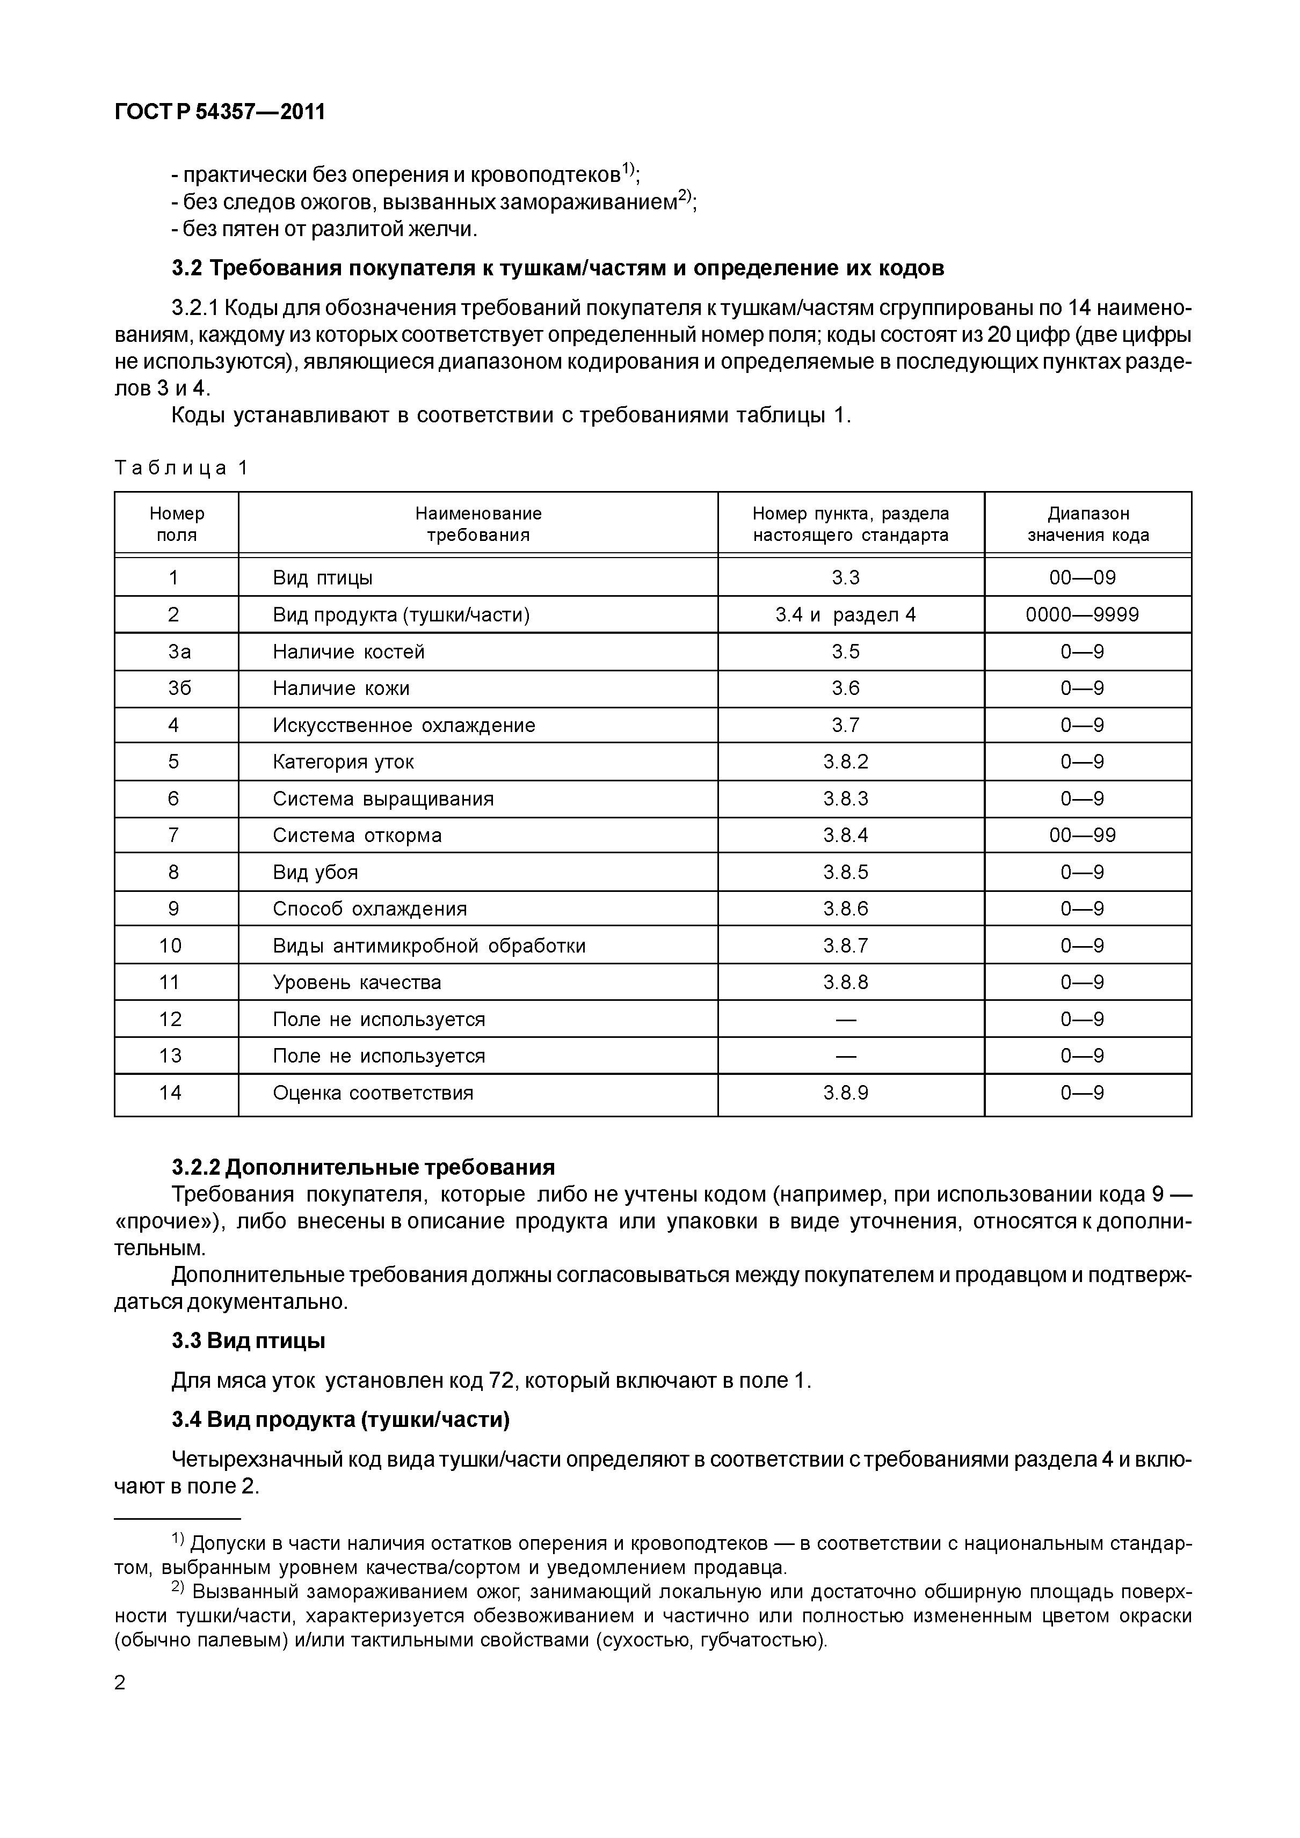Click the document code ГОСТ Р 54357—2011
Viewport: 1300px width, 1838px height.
(x=220, y=112)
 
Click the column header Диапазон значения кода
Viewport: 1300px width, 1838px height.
(x=1088, y=524)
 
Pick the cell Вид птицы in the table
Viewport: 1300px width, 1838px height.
(x=323, y=577)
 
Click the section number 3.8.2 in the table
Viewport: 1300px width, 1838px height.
(x=846, y=761)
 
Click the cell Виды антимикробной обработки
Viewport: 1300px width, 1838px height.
(x=430, y=946)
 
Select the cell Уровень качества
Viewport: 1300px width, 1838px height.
(x=357, y=982)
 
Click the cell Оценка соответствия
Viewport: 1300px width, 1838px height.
(x=373, y=1093)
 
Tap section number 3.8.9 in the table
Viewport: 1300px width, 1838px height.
(x=846, y=1093)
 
